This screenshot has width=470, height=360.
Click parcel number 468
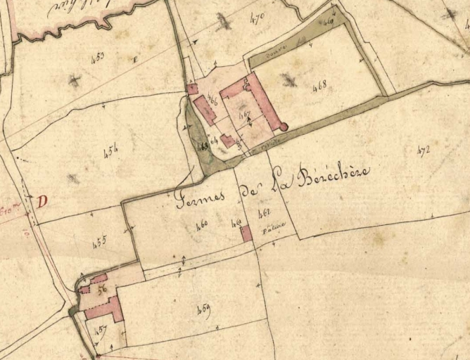(319, 87)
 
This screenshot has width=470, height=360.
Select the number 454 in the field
(110, 150)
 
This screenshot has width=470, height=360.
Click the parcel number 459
(205, 307)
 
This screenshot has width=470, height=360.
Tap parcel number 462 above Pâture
(265, 212)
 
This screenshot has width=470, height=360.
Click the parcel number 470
(257, 19)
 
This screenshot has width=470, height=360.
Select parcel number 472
(424, 149)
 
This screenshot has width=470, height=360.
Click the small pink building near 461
(246, 233)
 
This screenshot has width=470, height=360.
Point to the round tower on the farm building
(284, 127)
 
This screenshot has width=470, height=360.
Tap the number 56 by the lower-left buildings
(102, 288)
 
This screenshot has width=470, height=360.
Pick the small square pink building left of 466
(192, 89)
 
